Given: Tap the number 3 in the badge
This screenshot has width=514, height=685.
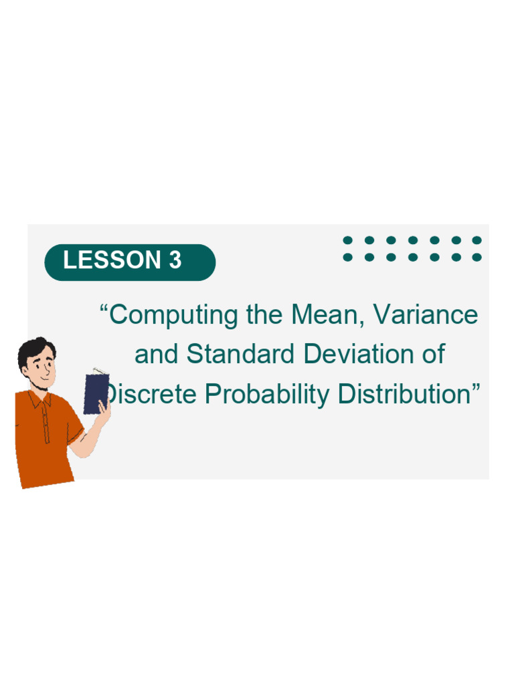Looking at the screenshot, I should pyautogui.click(x=175, y=260).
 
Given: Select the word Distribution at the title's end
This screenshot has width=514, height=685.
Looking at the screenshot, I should pyautogui.click(x=409, y=394).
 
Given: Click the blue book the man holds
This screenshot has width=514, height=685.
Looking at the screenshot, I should pyautogui.click(x=96, y=393).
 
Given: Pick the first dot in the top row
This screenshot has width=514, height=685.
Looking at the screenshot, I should pyautogui.click(x=347, y=240).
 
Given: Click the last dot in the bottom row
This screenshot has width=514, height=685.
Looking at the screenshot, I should pyautogui.click(x=477, y=257).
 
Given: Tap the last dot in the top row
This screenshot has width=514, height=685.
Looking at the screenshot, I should pyautogui.click(x=477, y=240).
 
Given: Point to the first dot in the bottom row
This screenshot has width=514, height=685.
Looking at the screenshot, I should pyautogui.click(x=347, y=257).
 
